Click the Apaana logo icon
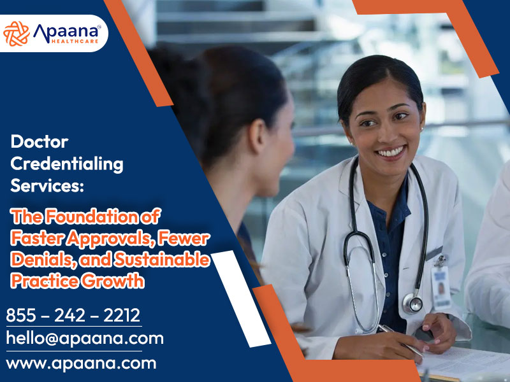(17, 33)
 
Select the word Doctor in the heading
(40, 142)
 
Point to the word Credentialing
(67, 164)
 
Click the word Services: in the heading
(47, 186)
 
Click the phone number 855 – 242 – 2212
(73, 315)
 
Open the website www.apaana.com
(81, 364)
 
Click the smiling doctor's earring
(421, 129)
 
